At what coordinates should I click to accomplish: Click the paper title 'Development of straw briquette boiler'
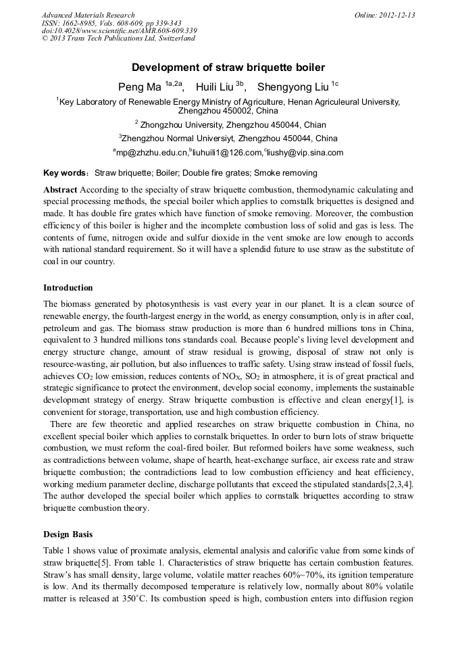pyautogui.click(x=228, y=68)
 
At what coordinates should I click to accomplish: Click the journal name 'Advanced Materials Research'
pyautogui.click(x=88, y=15)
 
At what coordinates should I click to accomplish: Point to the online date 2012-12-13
pyautogui.click(x=385, y=15)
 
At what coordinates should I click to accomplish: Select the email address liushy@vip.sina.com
pyautogui.click(x=305, y=153)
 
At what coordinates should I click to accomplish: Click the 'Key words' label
pyautogui.click(x=65, y=173)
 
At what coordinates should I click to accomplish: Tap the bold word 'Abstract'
pyautogui.click(x=60, y=190)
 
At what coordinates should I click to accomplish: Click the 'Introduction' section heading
pyautogui.click(x=68, y=288)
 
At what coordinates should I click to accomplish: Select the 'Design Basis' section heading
pyautogui.click(x=68, y=534)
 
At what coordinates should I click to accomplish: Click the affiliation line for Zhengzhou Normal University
pyautogui.click(x=228, y=139)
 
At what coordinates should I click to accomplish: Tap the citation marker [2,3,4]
pyautogui.click(x=397, y=484)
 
